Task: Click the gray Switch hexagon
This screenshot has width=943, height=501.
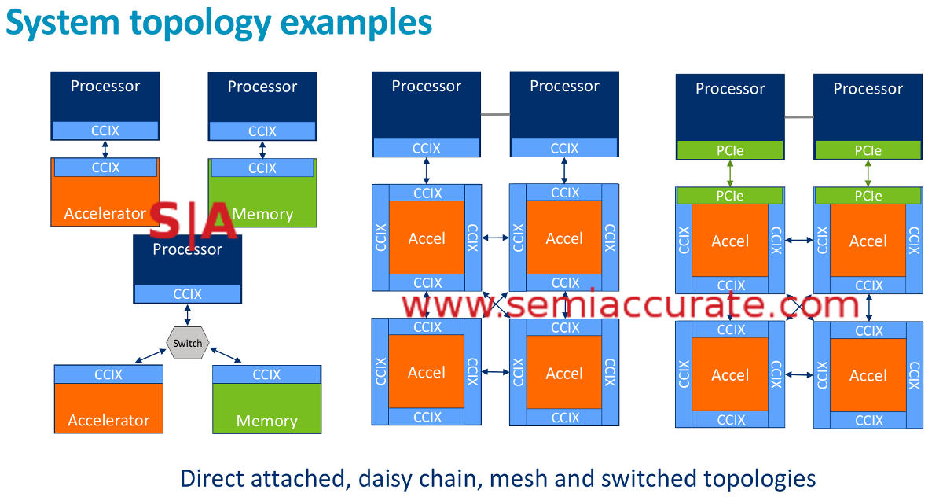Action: point(187,343)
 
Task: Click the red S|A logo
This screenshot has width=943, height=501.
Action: point(193,223)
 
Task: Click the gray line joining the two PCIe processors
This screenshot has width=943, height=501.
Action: point(798,117)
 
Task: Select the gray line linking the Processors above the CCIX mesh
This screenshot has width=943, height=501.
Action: point(495,115)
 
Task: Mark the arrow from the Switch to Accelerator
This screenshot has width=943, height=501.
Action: point(149,355)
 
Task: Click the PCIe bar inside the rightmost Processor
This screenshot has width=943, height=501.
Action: point(868,149)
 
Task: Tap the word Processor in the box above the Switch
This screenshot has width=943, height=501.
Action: point(187,249)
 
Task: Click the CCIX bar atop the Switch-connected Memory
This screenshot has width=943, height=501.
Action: point(266,374)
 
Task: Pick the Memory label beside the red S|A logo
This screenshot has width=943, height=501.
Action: point(262,214)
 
